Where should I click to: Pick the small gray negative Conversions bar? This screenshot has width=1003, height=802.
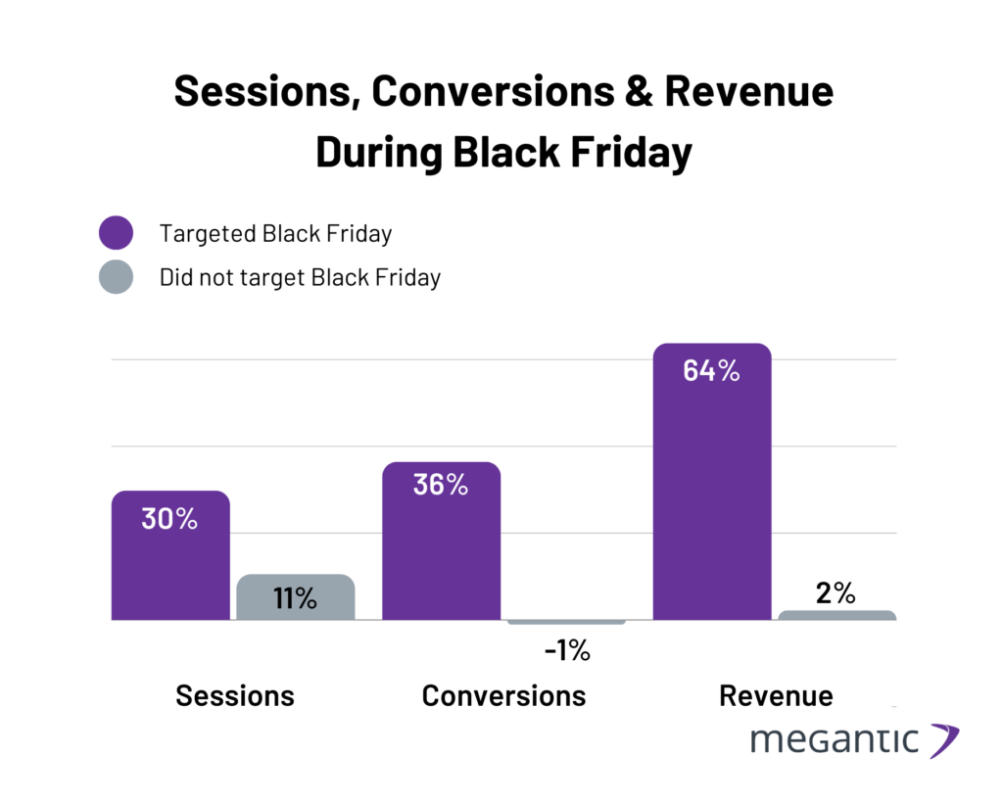click(x=566, y=622)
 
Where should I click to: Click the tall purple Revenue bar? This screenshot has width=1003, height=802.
click(x=712, y=490)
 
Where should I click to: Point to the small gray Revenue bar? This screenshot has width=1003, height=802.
click(x=837, y=615)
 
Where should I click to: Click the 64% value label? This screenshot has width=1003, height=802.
click(x=711, y=372)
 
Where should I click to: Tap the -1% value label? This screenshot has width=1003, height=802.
click(x=566, y=650)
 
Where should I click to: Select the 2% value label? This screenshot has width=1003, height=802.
click(x=836, y=592)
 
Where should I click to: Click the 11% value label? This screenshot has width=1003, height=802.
click(x=295, y=598)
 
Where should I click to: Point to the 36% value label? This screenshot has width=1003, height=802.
click(x=440, y=484)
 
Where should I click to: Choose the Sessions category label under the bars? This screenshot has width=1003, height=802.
click(x=235, y=695)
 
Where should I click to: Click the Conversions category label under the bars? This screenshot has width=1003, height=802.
click(x=503, y=695)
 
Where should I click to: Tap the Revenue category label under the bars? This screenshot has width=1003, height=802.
click(x=776, y=695)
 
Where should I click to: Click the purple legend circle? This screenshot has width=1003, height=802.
click(x=116, y=234)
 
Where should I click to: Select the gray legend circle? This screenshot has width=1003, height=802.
click(x=116, y=277)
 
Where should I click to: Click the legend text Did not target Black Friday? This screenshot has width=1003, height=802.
click(x=300, y=277)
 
